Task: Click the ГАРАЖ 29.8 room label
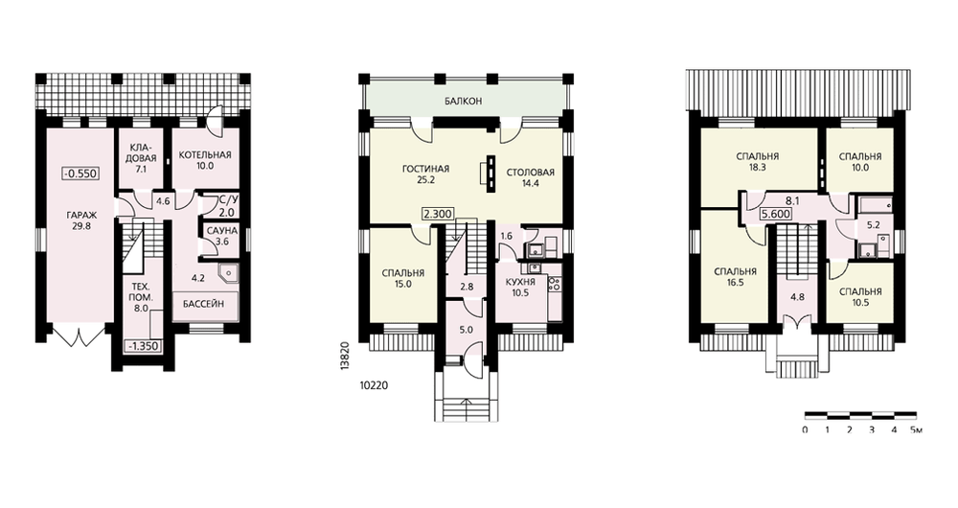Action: point(81,220)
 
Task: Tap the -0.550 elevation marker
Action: point(80,173)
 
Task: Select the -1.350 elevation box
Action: point(144,346)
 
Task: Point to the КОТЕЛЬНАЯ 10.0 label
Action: point(205,160)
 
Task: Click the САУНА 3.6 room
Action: point(222,236)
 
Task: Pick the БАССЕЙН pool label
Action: point(203,303)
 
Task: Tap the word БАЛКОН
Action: point(464,101)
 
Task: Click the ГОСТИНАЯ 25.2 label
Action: point(426,174)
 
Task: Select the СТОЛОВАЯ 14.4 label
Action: point(531,177)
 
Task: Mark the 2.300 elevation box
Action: point(438,215)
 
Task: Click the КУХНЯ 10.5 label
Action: point(520,288)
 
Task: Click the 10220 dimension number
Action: point(374,385)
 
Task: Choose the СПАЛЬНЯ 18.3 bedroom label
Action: point(757,161)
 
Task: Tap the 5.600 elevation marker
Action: point(776,215)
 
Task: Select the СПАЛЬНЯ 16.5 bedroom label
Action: point(735,277)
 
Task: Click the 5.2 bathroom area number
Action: point(873,224)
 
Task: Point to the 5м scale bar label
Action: point(916,429)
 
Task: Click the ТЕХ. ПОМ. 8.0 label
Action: point(141,297)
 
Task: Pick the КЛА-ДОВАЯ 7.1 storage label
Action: point(144,158)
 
